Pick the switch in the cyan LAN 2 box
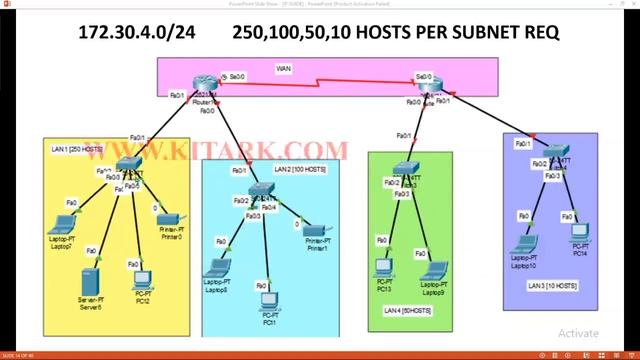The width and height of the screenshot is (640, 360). tap(262, 191)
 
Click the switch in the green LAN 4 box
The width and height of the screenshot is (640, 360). tap(405, 169)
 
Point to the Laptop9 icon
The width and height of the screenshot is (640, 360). tap(425, 267)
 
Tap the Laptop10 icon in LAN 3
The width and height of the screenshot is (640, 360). tap(522, 244)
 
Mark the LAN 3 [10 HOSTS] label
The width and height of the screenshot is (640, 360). tap(552, 286)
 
